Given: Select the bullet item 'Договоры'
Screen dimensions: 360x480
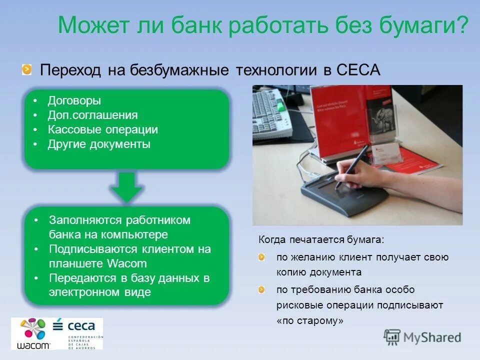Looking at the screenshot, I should coord(74,100).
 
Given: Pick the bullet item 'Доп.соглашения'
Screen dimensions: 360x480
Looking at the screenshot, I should coord(92,115).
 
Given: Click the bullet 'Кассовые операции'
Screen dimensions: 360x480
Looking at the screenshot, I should coord(102,130).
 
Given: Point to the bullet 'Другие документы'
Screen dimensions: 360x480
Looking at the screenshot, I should coord(98,144).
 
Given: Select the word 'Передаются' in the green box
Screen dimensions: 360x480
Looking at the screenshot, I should coord(75,278).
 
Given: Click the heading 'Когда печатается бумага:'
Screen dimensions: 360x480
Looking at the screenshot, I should coord(321,239).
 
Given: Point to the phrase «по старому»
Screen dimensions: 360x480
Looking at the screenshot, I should coord(310,321).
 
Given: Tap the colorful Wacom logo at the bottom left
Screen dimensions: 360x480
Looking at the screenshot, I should coord(34,332).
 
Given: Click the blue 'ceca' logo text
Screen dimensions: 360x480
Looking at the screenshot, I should coord(81,326).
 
